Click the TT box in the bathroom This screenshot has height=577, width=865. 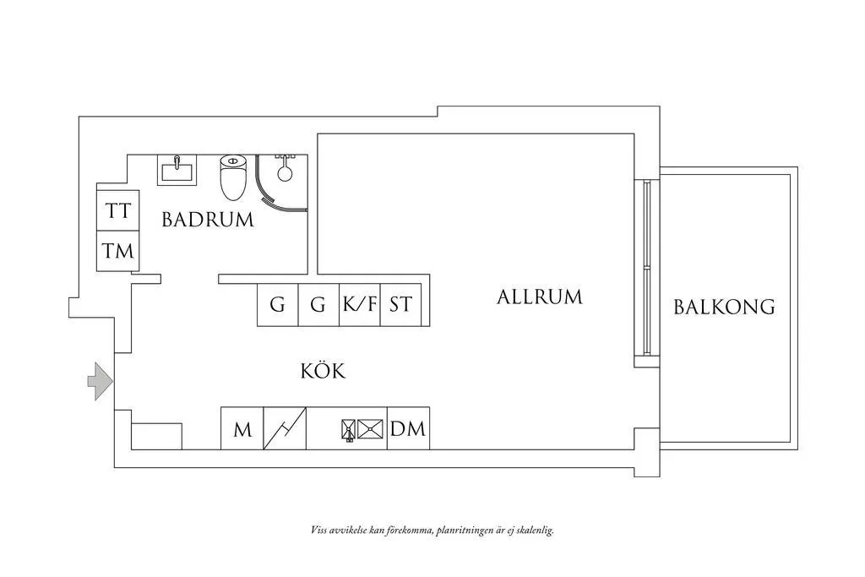[118, 210]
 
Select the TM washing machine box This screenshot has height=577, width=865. [118, 251]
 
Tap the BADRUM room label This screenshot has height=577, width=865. [208, 220]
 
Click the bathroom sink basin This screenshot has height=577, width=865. [177, 170]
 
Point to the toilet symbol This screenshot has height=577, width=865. [233, 177]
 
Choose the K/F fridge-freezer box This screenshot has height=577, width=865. [360, 304]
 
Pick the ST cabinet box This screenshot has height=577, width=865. [400, 304]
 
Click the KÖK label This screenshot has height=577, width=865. [323, 371]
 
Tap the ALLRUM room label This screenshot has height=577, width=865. [540, 297]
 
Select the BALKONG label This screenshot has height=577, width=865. [724, 307]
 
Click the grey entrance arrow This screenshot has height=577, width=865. [101, 381]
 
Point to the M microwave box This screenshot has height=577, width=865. [242, 428]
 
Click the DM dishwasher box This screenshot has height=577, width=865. [408, 428]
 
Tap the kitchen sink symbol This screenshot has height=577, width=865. [362, 429]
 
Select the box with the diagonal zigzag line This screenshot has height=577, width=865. [285, 428]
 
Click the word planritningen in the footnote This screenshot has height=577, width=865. [463, 531]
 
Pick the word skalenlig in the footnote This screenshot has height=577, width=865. [534, 531]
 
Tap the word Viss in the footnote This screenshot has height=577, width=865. [318, 531]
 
